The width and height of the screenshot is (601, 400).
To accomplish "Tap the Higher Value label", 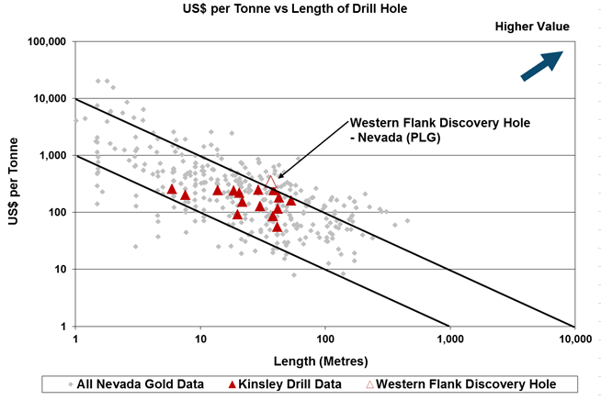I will [533, 27].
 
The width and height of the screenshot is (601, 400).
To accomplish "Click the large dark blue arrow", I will [541, 66].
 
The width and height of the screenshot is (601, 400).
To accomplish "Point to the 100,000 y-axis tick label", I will [47, 42].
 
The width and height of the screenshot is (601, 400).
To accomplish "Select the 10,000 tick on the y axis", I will [50, 99].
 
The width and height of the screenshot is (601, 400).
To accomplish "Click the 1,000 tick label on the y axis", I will [53, 156].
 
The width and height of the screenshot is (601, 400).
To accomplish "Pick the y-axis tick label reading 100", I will [58, 213].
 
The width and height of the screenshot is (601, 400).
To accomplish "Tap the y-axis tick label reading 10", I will [61, 270].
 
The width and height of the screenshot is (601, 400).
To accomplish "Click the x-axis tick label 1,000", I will [449, 339].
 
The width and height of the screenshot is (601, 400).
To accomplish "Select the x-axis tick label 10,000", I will [574, 339].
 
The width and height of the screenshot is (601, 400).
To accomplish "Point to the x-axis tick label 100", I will [324, 339].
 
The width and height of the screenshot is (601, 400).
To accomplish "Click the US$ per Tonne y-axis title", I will [16, 183].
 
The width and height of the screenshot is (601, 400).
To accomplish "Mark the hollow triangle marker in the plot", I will [271, 182].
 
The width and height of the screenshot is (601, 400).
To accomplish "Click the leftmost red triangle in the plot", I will [171, 189].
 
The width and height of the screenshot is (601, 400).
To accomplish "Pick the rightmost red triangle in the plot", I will [290, 200].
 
